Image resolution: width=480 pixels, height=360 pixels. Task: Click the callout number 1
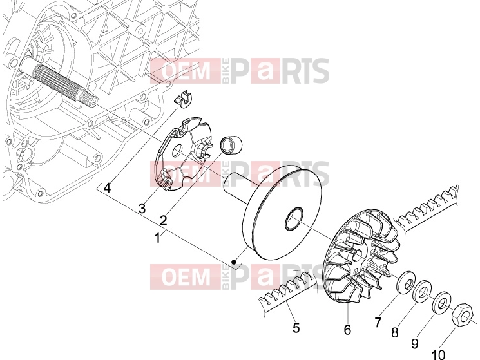point(158,238)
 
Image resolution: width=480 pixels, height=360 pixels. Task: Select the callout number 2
point(164,220)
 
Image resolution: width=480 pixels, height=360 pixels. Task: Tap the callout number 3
point(142,209)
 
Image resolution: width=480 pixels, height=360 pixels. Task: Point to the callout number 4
point(107,187)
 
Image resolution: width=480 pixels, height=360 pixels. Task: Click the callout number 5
point(296,328)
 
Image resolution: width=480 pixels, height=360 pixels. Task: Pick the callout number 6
point(347,330)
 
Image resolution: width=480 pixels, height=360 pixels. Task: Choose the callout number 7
point(378,322)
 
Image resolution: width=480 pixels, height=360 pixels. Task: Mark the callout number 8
point(395,332)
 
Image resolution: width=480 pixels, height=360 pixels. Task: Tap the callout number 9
point(415,344)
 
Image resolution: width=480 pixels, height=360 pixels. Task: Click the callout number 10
point(438,355)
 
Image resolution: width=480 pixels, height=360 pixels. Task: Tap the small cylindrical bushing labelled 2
point(232,144)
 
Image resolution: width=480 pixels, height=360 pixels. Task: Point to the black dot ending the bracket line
point(234,262)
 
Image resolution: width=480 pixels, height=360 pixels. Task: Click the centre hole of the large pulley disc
point(294,218)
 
